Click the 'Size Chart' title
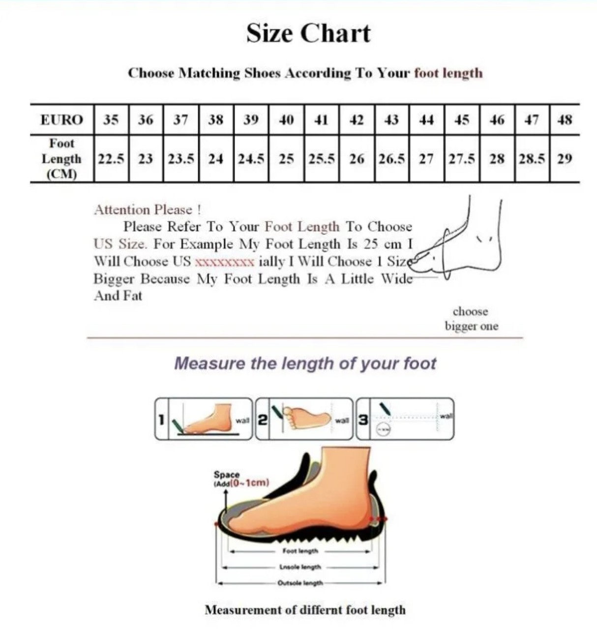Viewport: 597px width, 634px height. point(308,33)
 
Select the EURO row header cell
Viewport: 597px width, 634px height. point(61,120)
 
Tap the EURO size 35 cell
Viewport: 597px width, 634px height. point(111,120)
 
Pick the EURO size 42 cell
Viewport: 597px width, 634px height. point(357,120)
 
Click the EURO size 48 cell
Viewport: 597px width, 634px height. point(565,120)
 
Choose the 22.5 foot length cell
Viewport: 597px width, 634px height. point(111,159)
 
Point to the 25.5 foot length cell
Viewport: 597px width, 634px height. point(322,159)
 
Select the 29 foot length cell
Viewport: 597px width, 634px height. point(565,159)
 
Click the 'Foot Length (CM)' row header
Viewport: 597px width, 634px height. point(61,159)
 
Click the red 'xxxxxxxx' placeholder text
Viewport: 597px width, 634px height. point(225,261)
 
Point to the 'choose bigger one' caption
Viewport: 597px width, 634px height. point(471,319)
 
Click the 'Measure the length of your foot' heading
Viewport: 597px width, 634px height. point(305,364)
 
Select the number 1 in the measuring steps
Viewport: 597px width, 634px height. point(161,420)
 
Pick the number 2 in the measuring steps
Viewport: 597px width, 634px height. point(263,420)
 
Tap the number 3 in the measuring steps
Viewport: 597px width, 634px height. point(363,420)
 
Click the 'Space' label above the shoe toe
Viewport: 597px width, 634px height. point(227,475)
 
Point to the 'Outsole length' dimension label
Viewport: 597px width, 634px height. point(301,583)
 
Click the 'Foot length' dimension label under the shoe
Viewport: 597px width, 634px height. point(300,551)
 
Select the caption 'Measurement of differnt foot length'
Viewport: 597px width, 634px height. point(305,610)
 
